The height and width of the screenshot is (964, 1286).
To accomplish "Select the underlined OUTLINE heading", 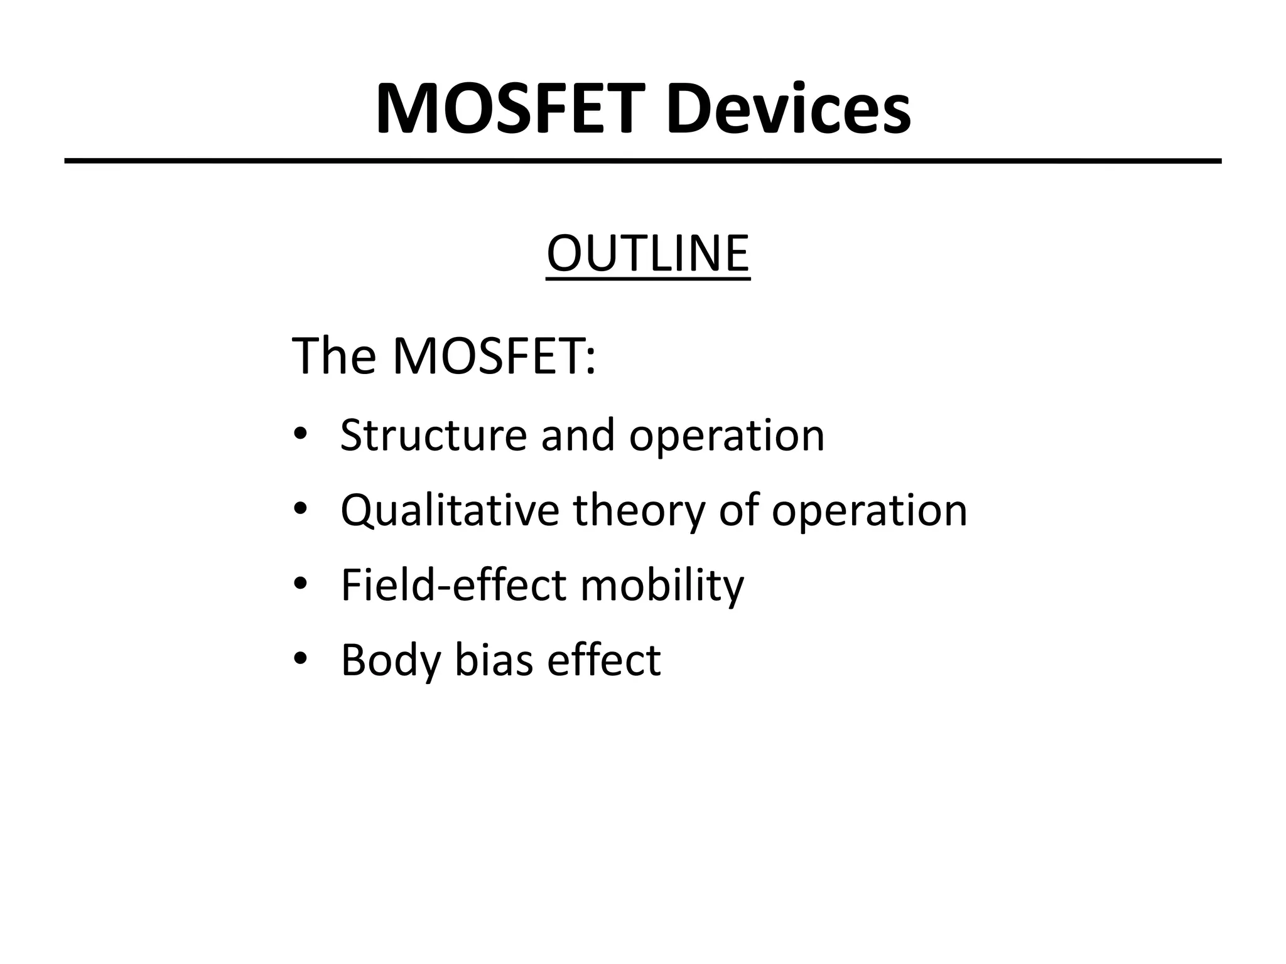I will [x=648, y=254].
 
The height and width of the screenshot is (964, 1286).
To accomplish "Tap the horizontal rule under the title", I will [x=643, y=161].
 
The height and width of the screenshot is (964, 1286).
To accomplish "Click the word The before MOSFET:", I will [x=334, y=356].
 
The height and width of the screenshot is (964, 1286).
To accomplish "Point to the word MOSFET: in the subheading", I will [x=494, y=356].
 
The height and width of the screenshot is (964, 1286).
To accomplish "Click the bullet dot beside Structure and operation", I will [x=300, y=434].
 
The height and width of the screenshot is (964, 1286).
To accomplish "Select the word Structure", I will [x=433, y=435].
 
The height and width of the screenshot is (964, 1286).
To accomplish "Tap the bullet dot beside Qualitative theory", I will [x=300, y=509].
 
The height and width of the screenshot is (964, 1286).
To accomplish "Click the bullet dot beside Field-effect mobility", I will [x=300, y=584].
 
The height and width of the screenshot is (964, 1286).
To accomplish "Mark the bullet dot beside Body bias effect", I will [x=300, y=658].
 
